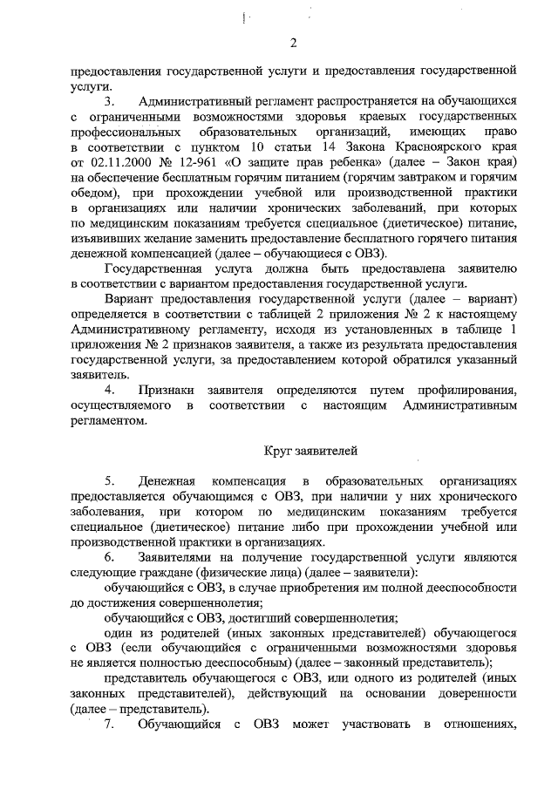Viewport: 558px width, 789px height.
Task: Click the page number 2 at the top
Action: [294, 44]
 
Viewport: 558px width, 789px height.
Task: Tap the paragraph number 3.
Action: [109, 103]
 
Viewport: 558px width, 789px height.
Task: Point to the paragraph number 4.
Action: [109, 389]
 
